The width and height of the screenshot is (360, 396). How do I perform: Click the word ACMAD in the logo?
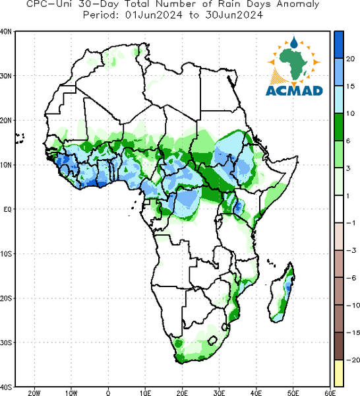(x=294, y=90)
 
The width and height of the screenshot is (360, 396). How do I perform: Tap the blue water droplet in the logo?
(x=293, y=42)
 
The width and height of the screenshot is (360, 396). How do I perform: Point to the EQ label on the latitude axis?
(x=7, y=210)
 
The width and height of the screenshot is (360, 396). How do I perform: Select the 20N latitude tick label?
(x=6, y=121)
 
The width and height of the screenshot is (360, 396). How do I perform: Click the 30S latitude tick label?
(x=6, y=343)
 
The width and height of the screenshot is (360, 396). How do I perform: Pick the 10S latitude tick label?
(x=6, y=254)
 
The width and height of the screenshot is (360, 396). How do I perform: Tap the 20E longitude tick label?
(x=182, y=393)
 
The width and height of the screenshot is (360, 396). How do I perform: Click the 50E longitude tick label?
(x=293, y=393)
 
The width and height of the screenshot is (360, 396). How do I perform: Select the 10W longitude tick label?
(x=71, y=393)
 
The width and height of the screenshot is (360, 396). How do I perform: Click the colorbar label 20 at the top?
(x=350, y=59)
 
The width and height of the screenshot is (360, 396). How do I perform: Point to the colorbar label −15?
(x=353, y=333)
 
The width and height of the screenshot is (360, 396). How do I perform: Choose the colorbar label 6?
(x=348, y=141)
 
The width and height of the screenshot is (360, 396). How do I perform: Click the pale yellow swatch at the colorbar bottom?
(x=339, y=373)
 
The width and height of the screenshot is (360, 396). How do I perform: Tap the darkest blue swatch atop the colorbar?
(x=339, y=45)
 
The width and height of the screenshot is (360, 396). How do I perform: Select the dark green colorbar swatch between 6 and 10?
(x=339, y=127)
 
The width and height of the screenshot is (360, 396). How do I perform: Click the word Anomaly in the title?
(x=297, y=5)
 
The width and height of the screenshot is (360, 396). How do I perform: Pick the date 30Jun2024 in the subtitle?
(x=234, y=15)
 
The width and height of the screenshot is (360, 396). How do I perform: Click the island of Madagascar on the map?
(x=282, y=293)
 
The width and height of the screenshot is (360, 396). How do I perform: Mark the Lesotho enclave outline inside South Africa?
(x=212, y=340)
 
